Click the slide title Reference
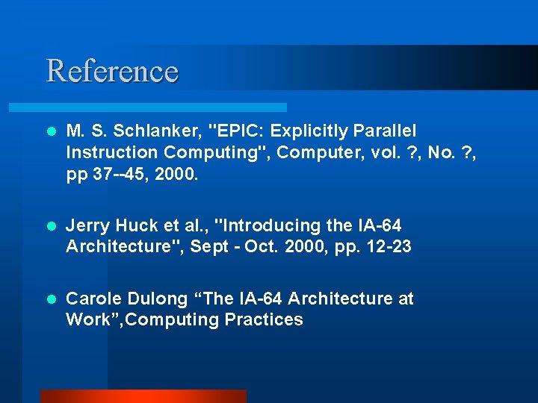pos(112,71)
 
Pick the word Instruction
pos(112,153)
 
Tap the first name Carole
pos(93,299)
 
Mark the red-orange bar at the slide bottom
pos(143,396)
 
